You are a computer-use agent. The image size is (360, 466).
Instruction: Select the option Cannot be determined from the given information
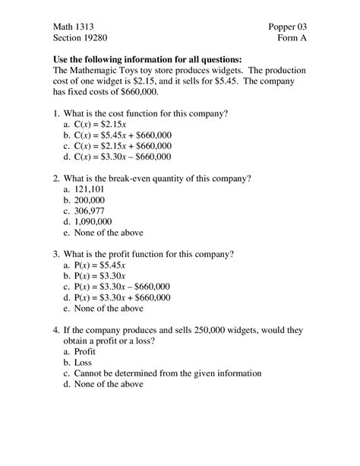point(167,373)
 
